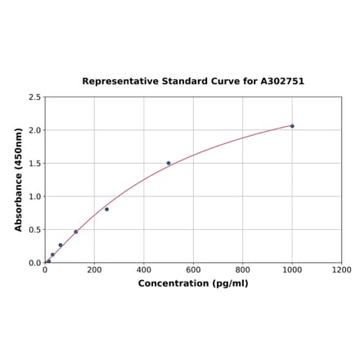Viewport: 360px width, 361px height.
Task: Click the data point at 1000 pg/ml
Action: [x=292, y=126]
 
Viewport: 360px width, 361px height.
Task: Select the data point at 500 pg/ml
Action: [x=169, y=163]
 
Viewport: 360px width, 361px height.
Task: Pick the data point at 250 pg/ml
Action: [x=106, y=210]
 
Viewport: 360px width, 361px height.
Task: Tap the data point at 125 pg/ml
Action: [x=76, y=232]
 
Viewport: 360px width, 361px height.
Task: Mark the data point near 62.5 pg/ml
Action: [x=61, y=245]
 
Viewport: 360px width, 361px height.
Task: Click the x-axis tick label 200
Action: [x=94, y=270]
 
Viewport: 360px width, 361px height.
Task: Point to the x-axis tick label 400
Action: [x=144, y=270]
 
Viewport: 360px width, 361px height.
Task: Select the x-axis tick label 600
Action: [x=193, y=270]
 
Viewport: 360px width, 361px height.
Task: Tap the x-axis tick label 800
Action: [x=243, y=270]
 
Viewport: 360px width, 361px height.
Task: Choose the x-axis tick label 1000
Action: [x=292, y=270]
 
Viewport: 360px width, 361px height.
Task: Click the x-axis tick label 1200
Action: [x=341, y=270]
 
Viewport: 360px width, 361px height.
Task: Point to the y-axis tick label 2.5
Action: [x=34, y=97]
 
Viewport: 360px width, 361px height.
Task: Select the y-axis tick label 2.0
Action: [x=34, y=130]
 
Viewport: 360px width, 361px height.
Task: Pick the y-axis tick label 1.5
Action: [x=34, y=164]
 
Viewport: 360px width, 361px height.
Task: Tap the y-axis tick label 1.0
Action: [x=34, y=196]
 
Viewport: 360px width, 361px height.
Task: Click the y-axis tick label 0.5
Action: [x=34, y=230]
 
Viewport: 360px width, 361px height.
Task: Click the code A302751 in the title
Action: [x=281, y=82]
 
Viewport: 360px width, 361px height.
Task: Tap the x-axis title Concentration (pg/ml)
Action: [x=193, y=283]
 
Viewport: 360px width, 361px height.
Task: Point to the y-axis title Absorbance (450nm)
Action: [x=19, y=179]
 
